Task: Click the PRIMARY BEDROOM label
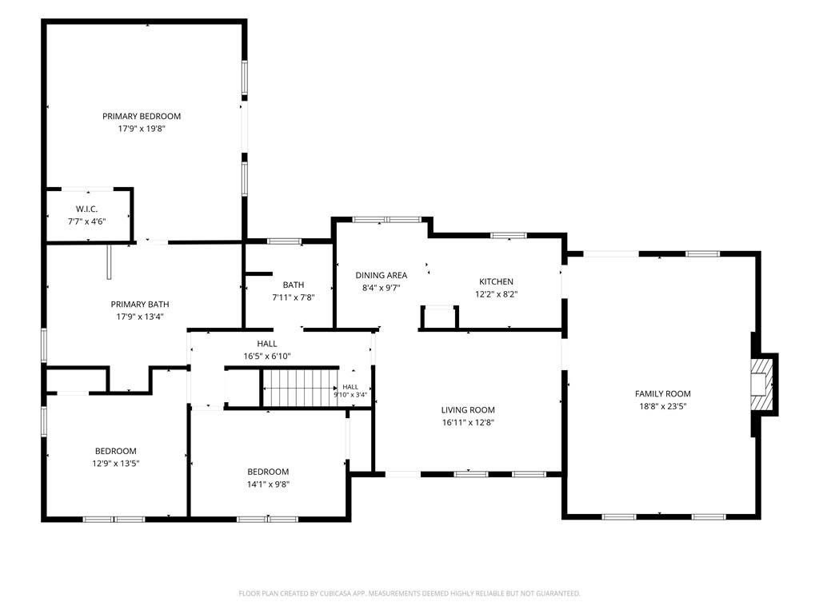142,116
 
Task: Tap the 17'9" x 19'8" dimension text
142,129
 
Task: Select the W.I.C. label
86,209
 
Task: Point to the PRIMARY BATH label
140,304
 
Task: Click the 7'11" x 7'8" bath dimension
294,297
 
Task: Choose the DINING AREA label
382,275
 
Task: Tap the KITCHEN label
496,281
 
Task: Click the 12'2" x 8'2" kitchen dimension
496,294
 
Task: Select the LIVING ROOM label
468,410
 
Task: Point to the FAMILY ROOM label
663,393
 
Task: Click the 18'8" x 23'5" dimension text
663,406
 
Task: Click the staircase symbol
300,388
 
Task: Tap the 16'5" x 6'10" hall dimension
267,356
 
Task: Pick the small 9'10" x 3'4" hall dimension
350,395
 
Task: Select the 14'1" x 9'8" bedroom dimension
268,484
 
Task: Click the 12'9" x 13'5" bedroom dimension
116,463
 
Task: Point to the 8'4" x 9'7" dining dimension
382,288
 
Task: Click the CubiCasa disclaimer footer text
409,593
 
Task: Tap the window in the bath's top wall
284,241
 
